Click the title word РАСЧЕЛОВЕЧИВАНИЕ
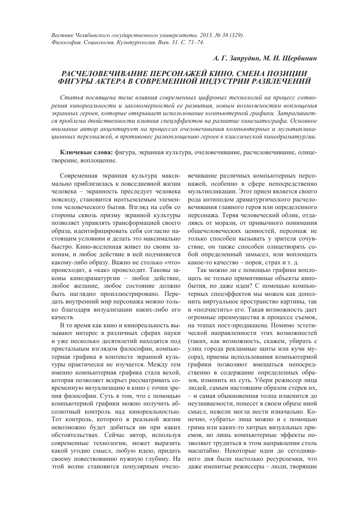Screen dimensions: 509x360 coord(109,74)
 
